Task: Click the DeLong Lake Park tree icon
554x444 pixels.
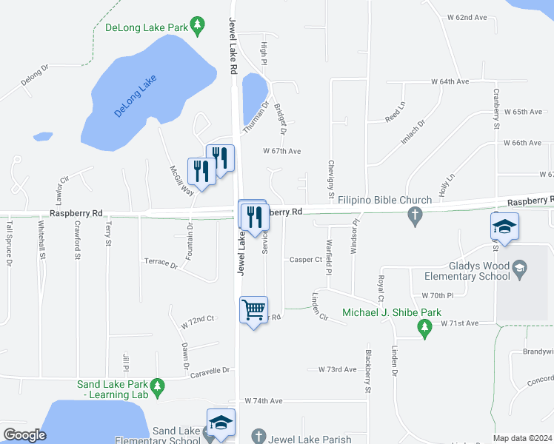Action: [x=197, y=27]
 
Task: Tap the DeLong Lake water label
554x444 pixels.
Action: [x=136, y=95]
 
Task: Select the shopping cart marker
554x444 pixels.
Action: [x=253, y=309]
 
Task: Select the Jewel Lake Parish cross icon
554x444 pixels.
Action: [x=258, y=437]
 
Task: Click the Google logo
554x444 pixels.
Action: [x=24, y=435]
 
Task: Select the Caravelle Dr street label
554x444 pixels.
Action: [x=211, y=369]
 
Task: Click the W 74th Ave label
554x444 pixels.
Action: [x=264, y=400]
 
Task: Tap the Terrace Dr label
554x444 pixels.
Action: [x=161, y=263]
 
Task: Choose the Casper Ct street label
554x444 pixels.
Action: [x=306, y=260]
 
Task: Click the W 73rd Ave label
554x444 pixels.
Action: [x=338, y=369]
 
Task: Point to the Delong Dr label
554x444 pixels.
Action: [x=34, y=76]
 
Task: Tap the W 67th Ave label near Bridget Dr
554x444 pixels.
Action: [x=282, y=151]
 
